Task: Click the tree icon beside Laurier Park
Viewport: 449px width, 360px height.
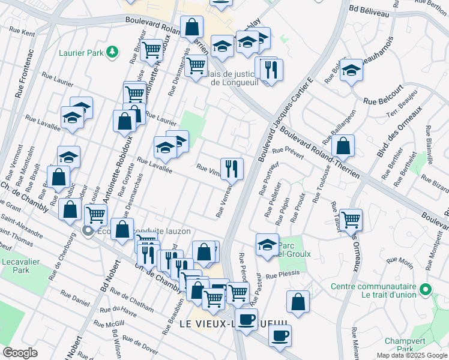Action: click(112, 52)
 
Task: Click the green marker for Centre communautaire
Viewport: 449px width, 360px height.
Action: click(426, 290)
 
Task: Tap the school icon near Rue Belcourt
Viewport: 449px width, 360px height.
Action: click(351, 71)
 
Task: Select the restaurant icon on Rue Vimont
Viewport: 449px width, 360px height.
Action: click(232, 168)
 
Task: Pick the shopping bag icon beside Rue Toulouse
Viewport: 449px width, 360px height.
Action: click(342, 146)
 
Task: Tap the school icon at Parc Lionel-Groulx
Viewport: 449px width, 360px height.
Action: click(267, 244)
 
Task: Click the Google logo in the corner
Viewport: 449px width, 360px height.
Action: click(20, 352)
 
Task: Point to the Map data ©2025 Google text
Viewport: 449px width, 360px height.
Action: click(411, 355)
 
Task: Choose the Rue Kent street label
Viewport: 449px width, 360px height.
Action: click(22, 31)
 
